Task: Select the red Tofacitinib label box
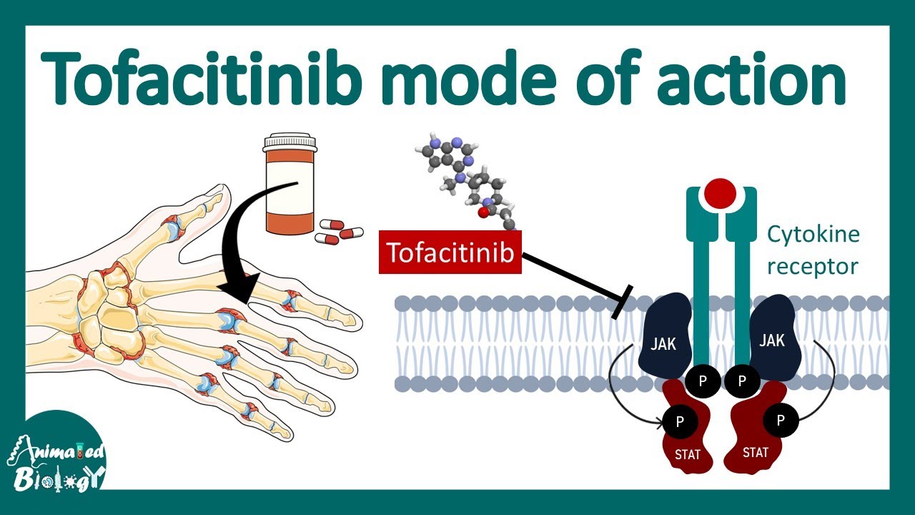(450, 252)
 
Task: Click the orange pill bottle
(289, 190)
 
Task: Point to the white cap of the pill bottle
(289, 141)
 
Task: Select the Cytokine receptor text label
(813, 250)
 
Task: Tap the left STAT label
(687, 454)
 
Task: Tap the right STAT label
(755, 452)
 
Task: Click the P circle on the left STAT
(680, 422)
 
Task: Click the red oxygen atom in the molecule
(483, 212)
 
